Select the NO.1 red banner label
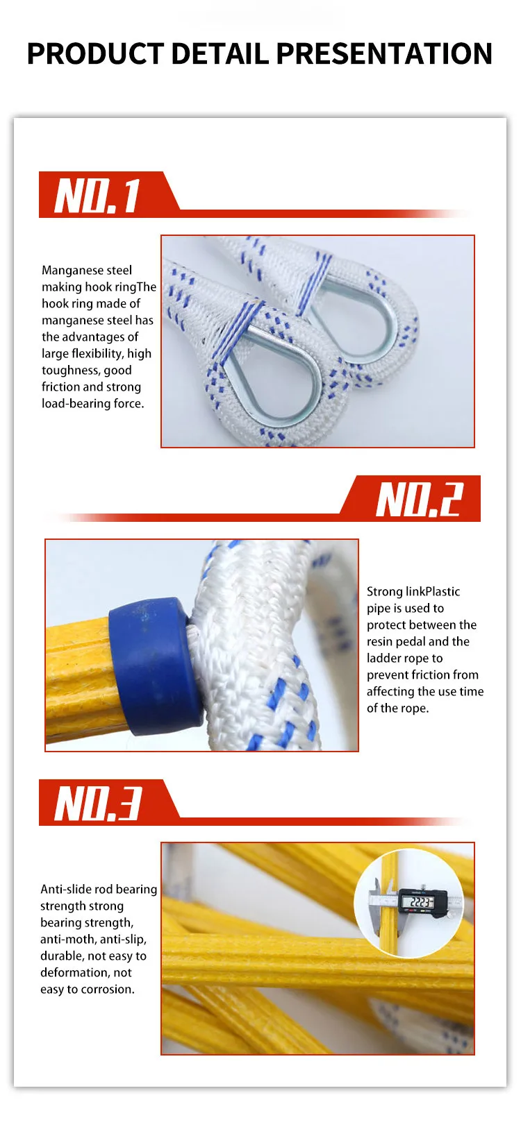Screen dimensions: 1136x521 point(98,195)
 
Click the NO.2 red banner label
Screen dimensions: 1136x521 point(419,499)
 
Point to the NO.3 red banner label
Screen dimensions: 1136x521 point(98,803)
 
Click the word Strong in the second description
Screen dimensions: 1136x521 point(384,591)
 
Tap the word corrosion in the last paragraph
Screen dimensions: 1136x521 point(108,989)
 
